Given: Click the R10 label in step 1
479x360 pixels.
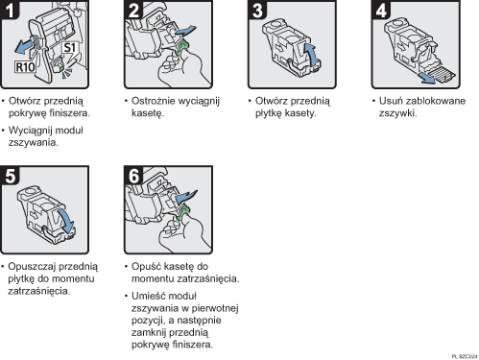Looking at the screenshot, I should click(x=26, y=69).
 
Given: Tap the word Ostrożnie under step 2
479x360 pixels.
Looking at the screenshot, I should click(x=153, y=100).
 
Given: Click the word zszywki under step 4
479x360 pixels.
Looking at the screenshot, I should click(x=389, y=112).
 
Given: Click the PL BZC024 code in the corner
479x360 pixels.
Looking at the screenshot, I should click(x=462, y=355).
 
